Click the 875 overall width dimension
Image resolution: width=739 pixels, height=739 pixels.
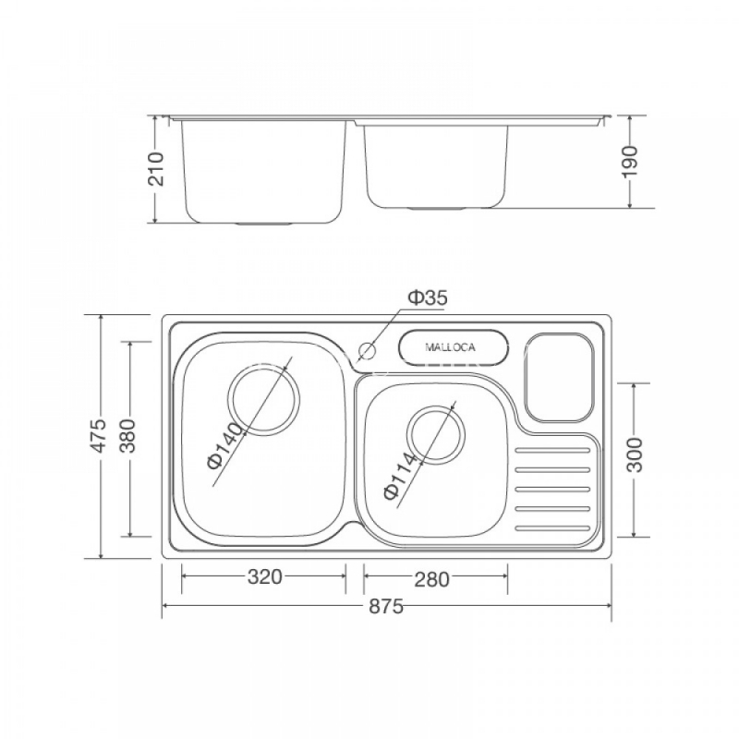pyautogui.click(x=386, y=606)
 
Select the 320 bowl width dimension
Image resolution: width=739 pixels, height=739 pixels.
pyautogui.click(x=264, y=576)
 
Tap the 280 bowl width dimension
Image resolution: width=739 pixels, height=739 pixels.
pyautogui.click(x=431, y=579)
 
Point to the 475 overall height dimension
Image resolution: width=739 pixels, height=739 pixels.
pyautogui.click(x=99, y=435)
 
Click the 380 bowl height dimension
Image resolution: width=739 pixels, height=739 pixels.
pyautogui.click(x=127, y=435)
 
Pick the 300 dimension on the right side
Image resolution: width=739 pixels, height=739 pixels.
pyautogui.click(x=636, y=454)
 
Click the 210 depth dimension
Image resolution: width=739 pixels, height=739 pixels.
pyautogui.click(x=155, y=169)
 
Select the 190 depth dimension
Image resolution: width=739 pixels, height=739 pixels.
pyautogui.click(x=630, y=162)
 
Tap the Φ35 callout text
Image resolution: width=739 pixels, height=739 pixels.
pyautogui.click(x=428, y=297)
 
